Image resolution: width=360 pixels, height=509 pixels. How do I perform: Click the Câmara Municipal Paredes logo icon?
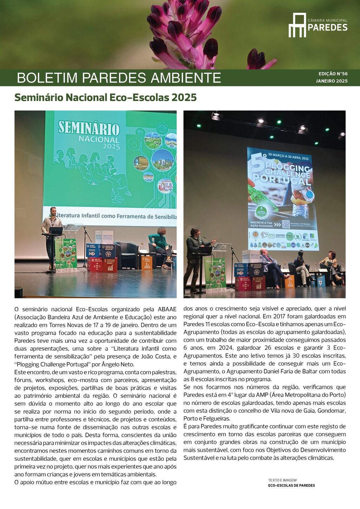[297, 25]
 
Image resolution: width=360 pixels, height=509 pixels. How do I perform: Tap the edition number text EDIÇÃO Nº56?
[333, 74]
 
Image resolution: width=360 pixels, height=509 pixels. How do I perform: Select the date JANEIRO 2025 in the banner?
[332, 81]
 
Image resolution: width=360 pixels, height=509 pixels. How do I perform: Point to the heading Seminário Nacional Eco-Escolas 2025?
[105, 97]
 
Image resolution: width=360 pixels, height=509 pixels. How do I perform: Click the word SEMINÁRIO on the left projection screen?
[89, 128]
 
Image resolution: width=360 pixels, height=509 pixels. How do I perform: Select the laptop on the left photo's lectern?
[56, 231]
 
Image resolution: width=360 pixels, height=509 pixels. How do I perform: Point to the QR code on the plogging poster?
[286, 224]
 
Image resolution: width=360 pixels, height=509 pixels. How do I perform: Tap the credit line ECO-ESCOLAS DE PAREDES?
[291, 485]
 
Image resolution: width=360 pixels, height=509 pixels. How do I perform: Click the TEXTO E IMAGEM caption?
[282, 480]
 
